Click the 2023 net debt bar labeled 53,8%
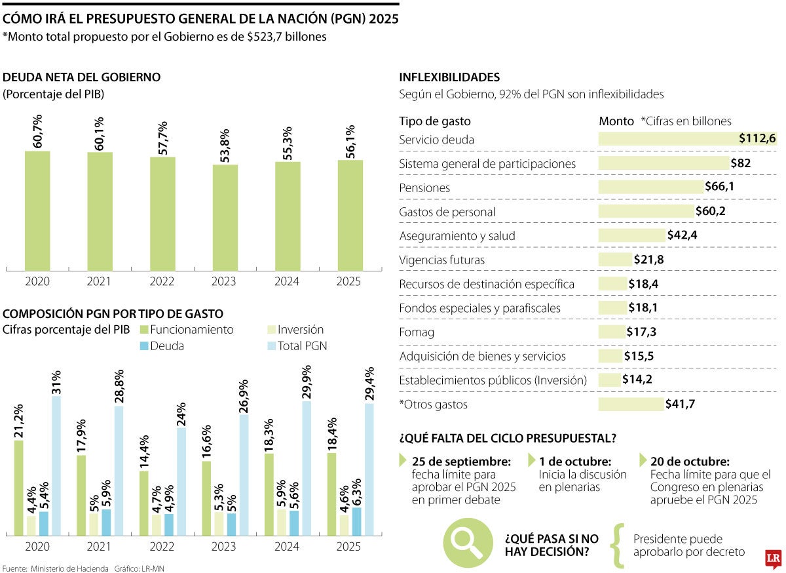click(225, 217)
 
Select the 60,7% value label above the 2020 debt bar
click(37, 131)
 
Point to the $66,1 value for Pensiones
click(719, 188)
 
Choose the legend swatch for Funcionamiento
click(143, 330)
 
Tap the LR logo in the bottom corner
click(773, 557)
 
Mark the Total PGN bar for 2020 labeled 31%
click(56, 465)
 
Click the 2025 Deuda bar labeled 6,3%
click(356, 521)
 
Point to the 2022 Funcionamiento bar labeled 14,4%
click(143, 503)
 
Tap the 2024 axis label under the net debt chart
click(288, 282)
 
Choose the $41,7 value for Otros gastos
click(680, 405)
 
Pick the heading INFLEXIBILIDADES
click(449, 77)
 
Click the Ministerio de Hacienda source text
click(69, 568)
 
